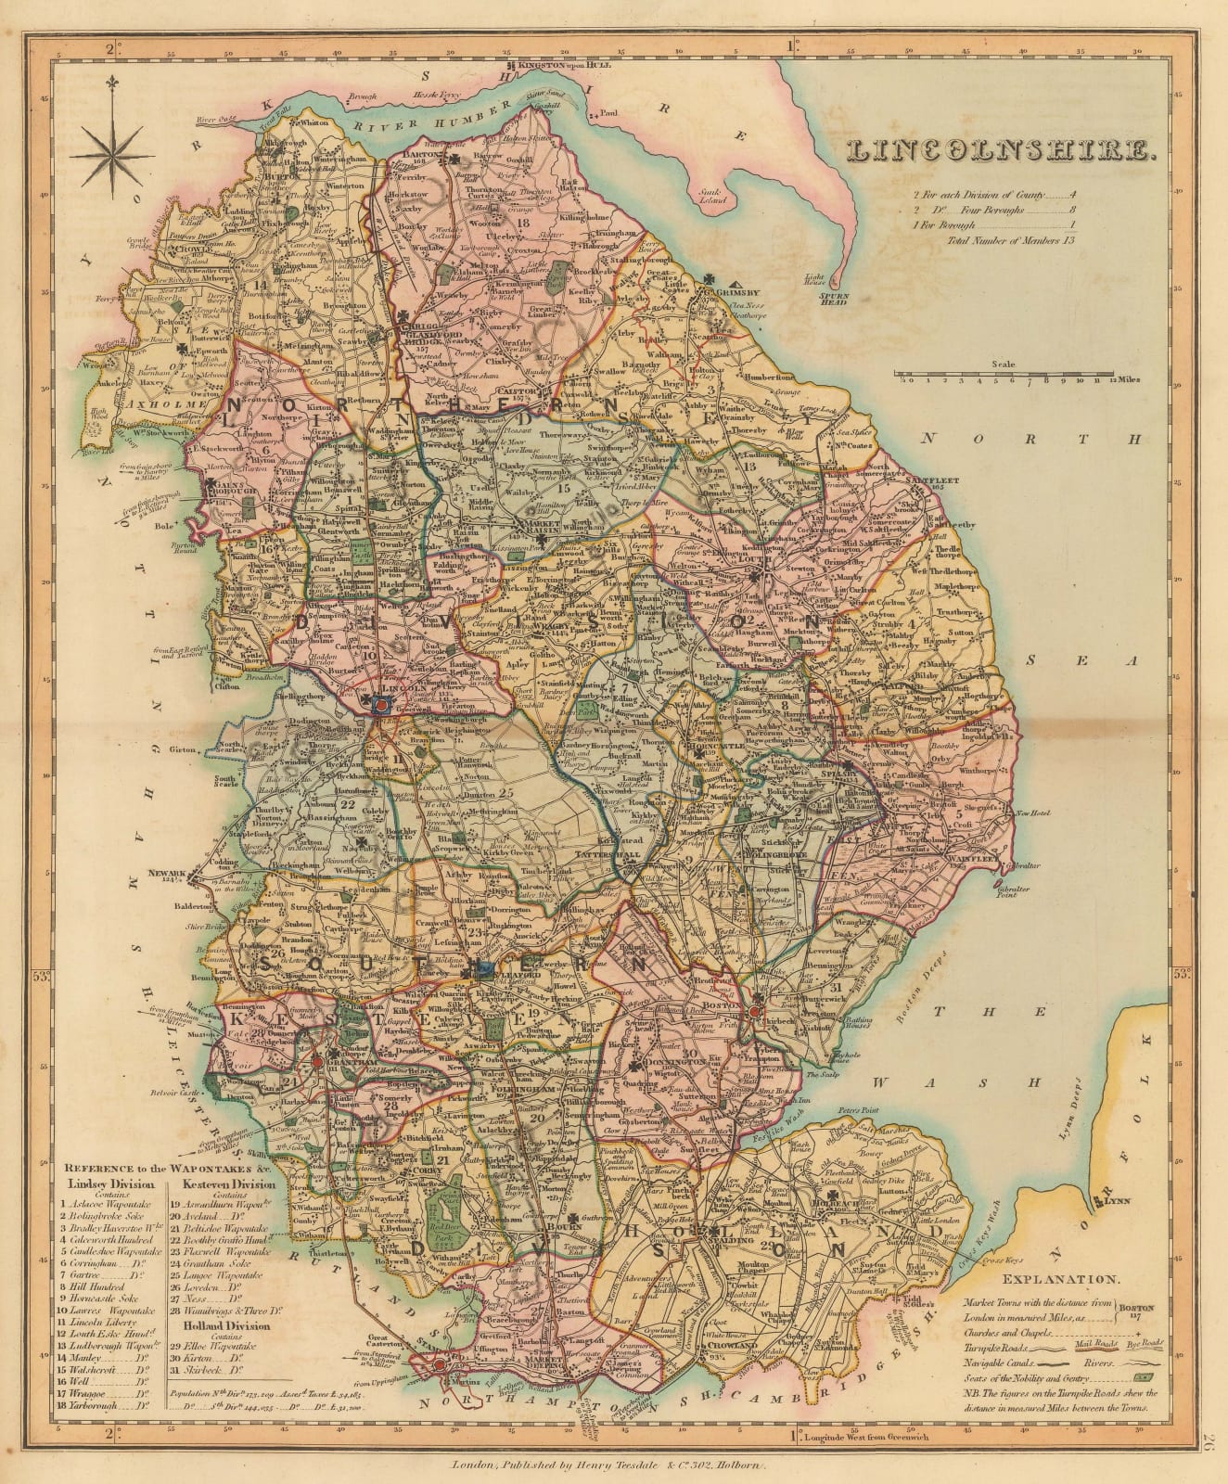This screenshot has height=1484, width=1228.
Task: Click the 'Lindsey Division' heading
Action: pos(101,1184)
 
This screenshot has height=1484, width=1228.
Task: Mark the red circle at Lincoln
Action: pos(379,706)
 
